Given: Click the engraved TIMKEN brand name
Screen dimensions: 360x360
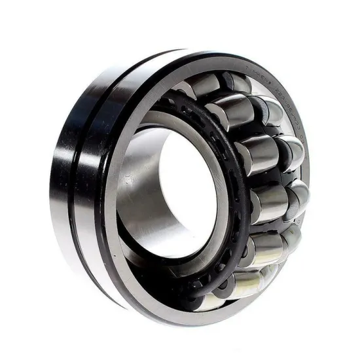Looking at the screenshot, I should (x=257, y=70).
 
